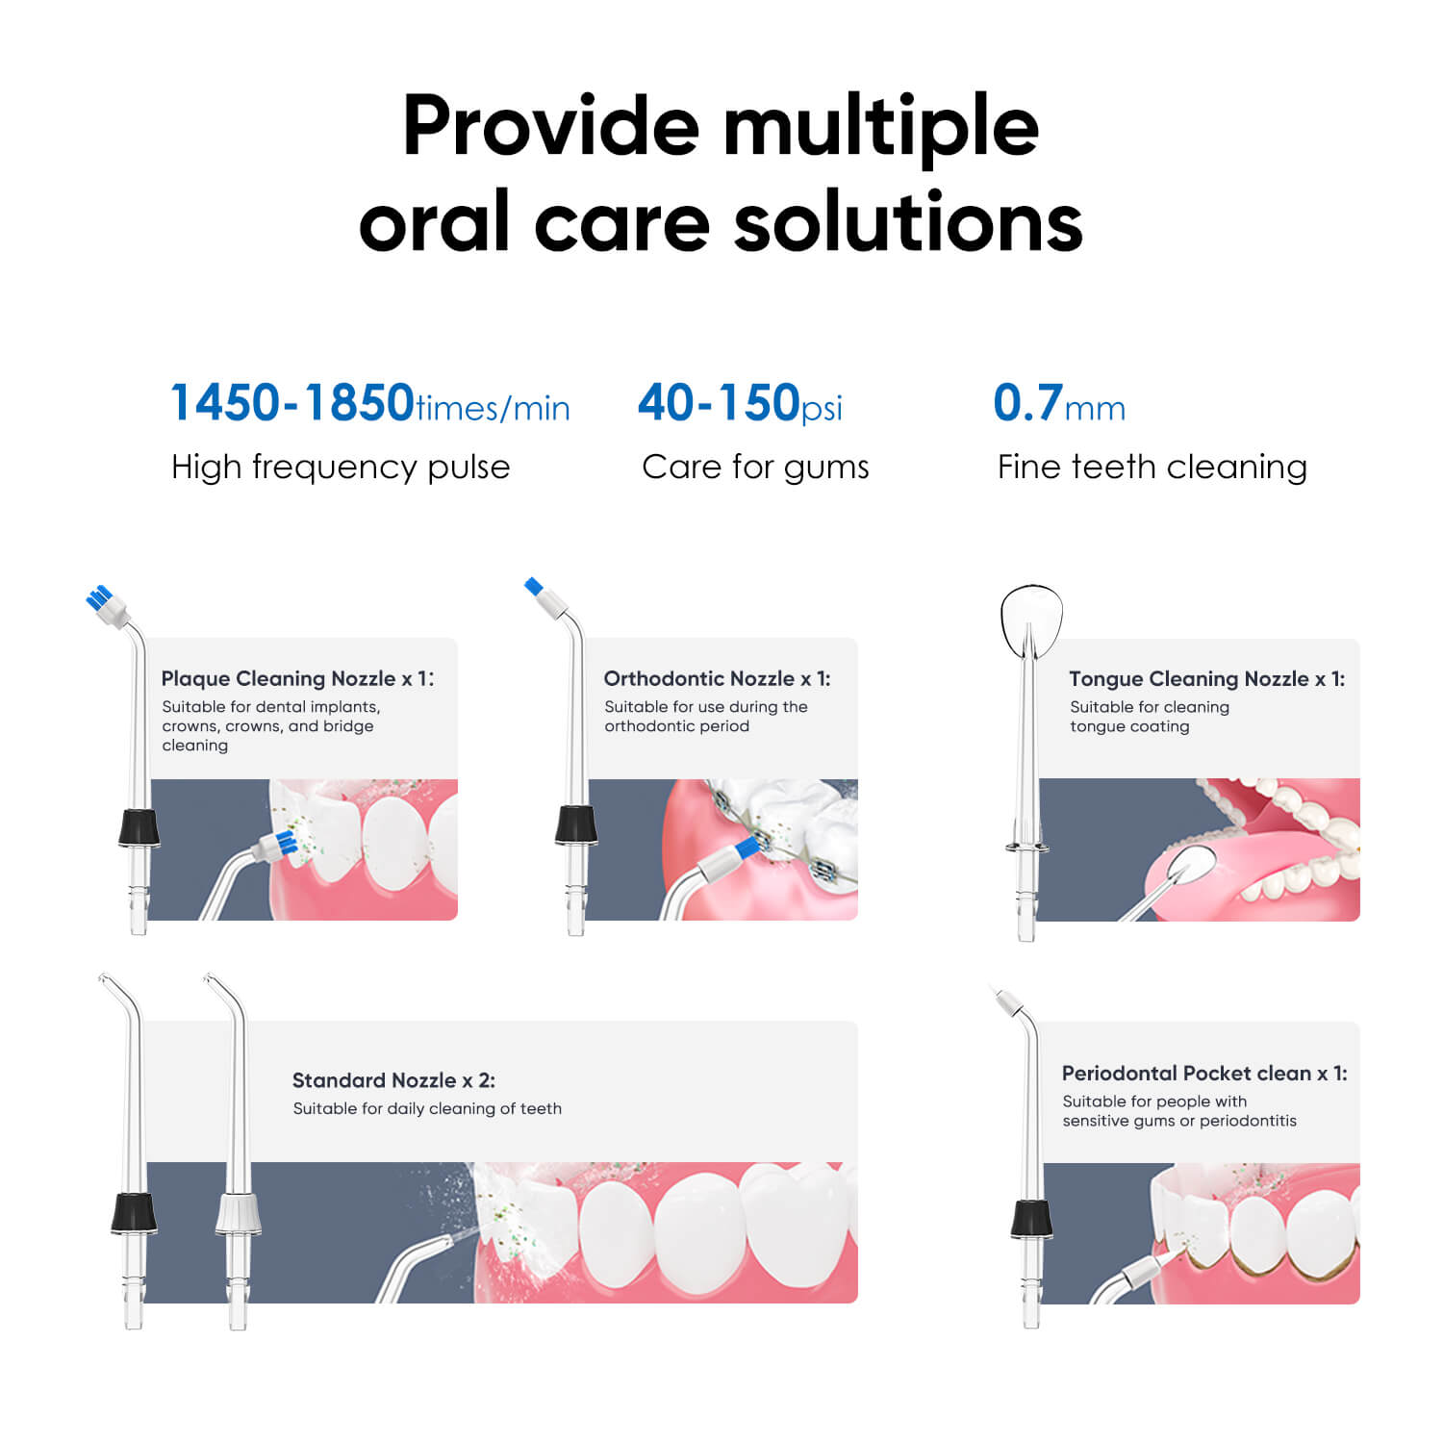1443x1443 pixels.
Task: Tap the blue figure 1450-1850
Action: click(x=292, y=402)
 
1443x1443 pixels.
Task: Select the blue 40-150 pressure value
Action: click(x=719, y=402)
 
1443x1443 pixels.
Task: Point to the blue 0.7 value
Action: click(x=1027, y=402)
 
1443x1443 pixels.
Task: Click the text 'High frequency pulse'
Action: click(x=341, y=468)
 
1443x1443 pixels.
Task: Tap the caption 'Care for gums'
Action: click(x=755, y=468)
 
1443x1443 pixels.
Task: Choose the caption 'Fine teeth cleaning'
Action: click(x=1152, y=468)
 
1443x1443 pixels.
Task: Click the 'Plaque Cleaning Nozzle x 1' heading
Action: click(x=297, y=678)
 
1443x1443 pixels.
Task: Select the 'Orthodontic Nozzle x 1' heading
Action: click(x=717, y=678)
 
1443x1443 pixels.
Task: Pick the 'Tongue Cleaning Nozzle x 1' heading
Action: click(x=1207, y=678)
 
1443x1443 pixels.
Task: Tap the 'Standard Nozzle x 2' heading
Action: click(x=393, y=1080)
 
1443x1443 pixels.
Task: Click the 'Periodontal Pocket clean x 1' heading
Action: click(x=1204, y=1073)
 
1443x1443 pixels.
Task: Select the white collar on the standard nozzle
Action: click(x=238, y=1214)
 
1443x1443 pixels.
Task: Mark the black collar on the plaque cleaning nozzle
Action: click(x=139, y=828)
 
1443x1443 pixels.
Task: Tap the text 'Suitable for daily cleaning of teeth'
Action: click(x=427, y=1109)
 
